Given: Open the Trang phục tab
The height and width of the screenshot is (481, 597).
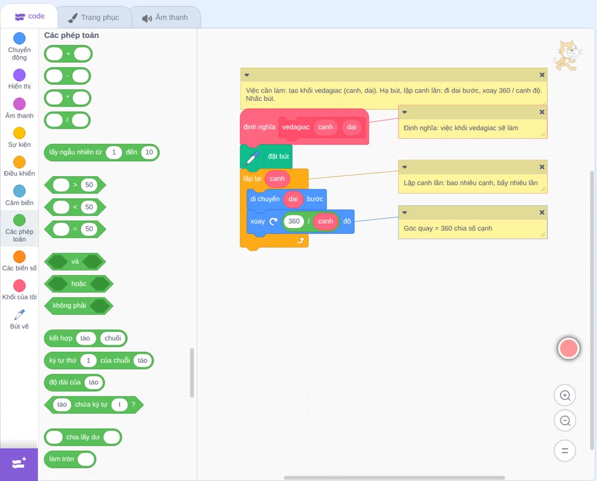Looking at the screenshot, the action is [x=94, y=17].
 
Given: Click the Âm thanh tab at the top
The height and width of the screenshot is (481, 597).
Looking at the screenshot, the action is [x=165, y=17].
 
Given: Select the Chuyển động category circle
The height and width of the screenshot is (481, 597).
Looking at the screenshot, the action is [x=20, y=38].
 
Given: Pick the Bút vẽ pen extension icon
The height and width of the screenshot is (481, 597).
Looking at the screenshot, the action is [x=20, y=314].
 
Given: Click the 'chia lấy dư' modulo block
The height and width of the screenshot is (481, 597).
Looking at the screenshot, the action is [x=83, y=437].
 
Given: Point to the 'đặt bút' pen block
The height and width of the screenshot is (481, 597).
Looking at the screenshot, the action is [x=266, y=156].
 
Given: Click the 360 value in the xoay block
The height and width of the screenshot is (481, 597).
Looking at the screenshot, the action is [x=294, y=221].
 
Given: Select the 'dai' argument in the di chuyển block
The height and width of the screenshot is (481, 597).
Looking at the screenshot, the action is [x=293, y=199].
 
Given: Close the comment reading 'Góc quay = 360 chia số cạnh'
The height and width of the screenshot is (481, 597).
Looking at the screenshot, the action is [x=542, y=212].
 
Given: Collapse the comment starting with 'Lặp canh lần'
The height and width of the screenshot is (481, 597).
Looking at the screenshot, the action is [x=405, y=167].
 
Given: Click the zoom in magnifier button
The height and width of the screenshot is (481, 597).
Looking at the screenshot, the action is [x=565, y=396].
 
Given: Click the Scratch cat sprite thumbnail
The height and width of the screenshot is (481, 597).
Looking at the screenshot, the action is [x=567, y=55].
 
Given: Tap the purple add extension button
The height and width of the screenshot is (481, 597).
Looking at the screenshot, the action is [x=19, y=464].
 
